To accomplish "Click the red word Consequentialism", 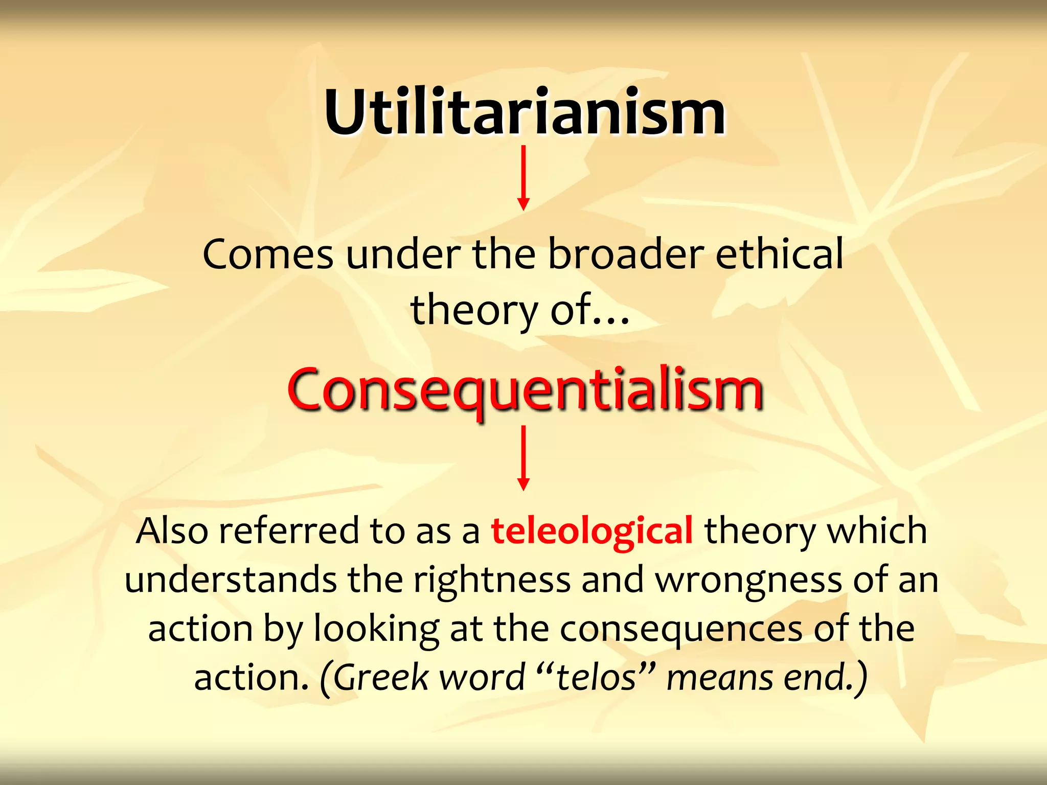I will [x=525, y=391].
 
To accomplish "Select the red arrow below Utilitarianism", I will [x=523, y=178].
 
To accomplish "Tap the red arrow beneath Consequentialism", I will [x=523, y=458].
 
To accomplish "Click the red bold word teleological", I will [x=592, y=531].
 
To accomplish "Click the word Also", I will [x=172, y=531].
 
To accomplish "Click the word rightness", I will [x=492, y=580].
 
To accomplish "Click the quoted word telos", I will [x=596, y=678].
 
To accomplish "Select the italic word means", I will [x=720, y=678].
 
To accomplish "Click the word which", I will [x=877, y=531].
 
